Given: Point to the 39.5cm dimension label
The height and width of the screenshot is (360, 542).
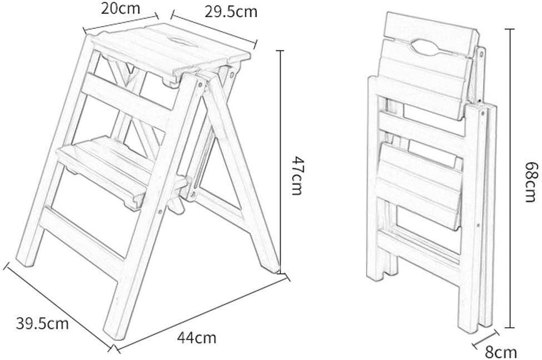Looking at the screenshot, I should click(x=43, y=323).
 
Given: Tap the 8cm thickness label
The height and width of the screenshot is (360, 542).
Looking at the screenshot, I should click(x=501, y=351).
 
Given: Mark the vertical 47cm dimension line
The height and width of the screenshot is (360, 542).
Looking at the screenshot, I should click(x=281, y=161).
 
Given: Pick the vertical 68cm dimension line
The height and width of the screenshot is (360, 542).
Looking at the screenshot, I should click(x=510, y=178).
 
